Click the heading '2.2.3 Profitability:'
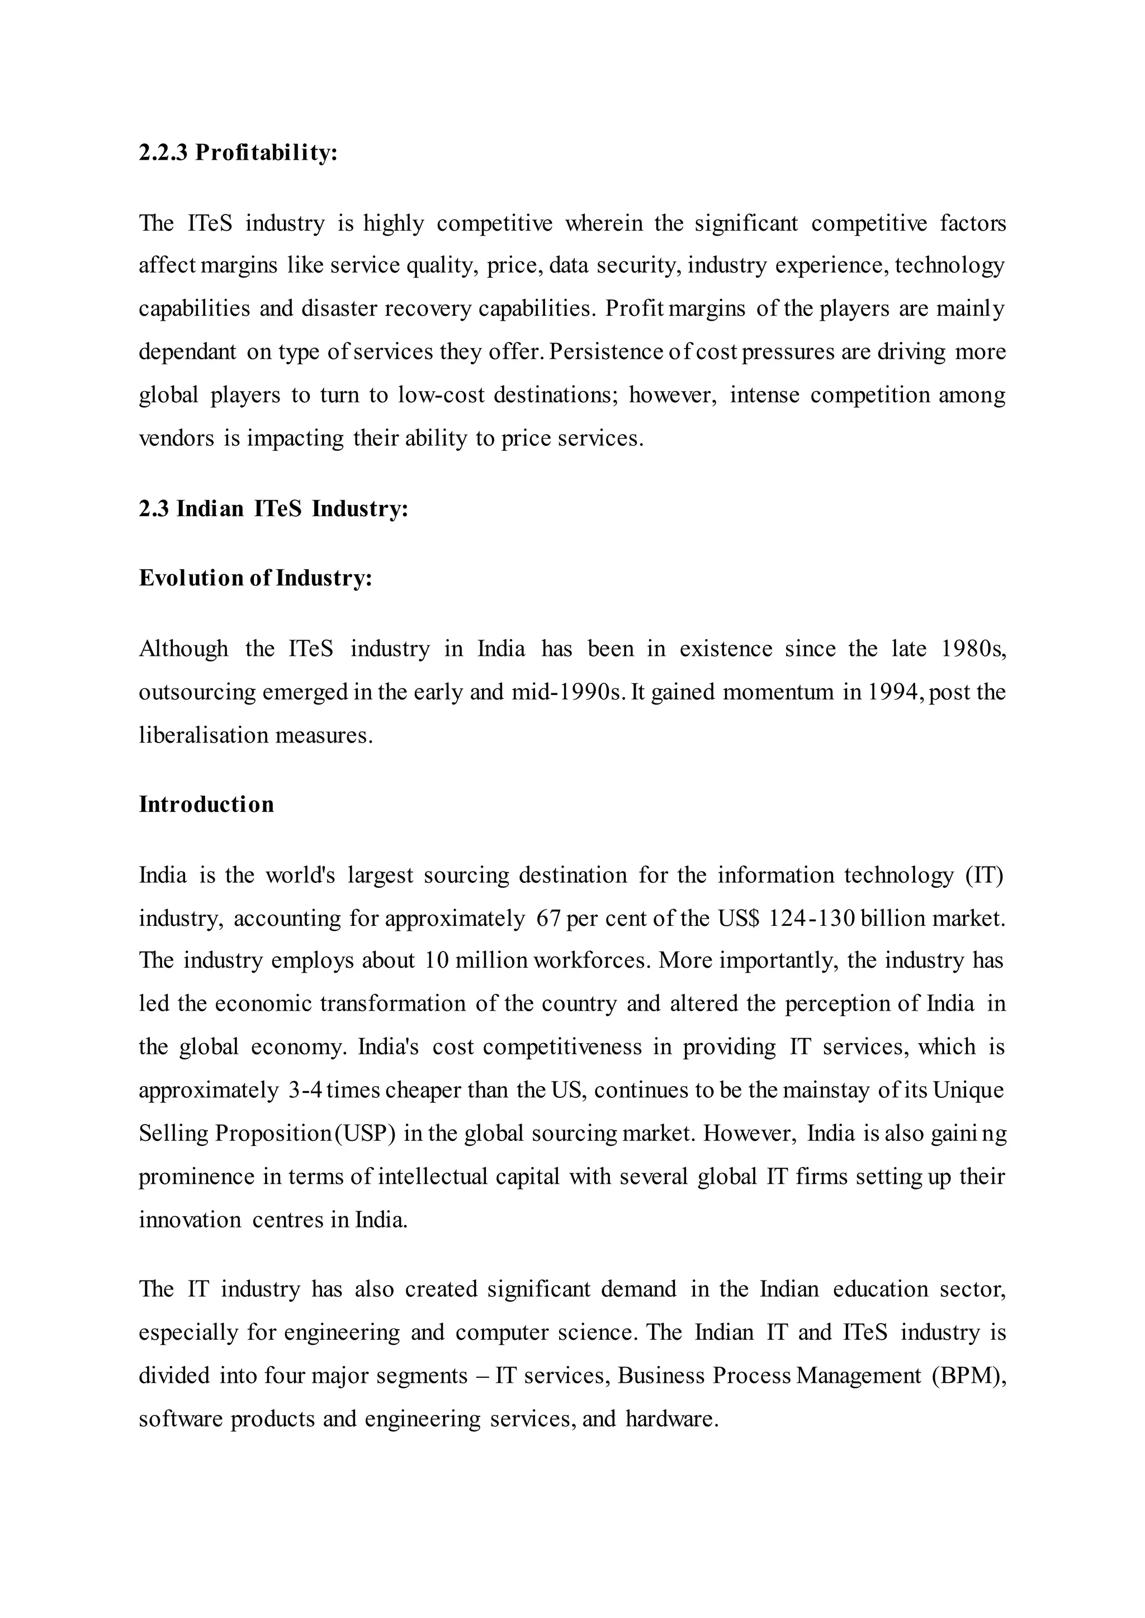[x=238, y=152]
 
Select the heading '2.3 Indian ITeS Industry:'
[x=273, y=509]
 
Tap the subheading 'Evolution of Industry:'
[x=256, y=579]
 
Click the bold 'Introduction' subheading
[x=206, y=805]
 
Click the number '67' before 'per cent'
[x=548, y=919]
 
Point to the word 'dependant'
[x=187, y=351]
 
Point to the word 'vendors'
[x=176, y=439]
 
